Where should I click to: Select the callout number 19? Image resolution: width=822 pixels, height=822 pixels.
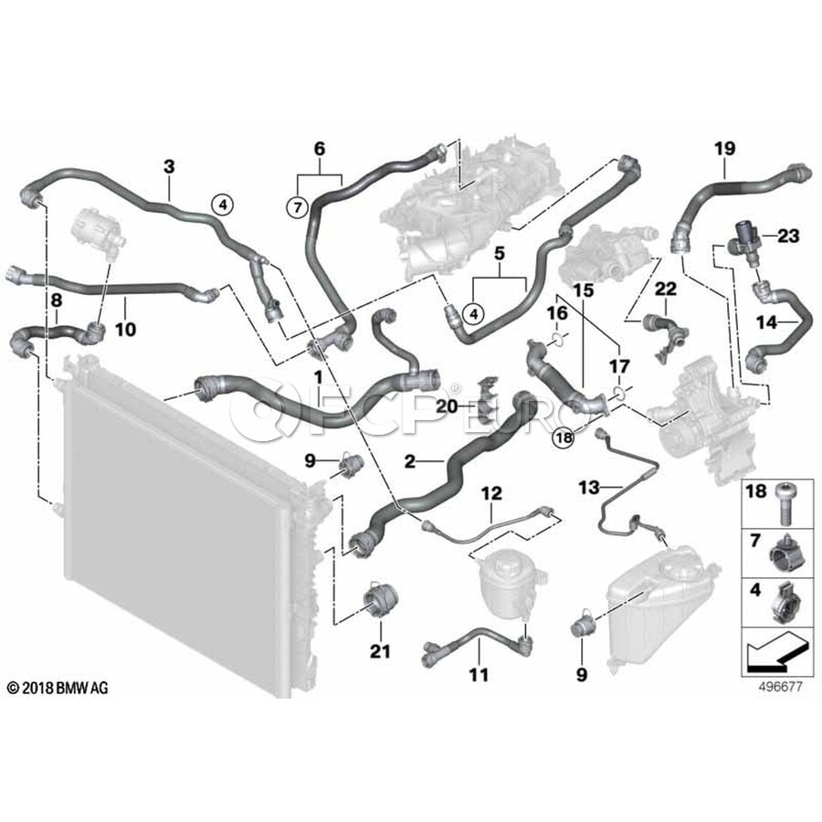coord(724,147)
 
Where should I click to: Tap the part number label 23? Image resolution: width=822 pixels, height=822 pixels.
coord(788,237)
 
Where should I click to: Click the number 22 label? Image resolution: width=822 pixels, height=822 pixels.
coord(666,289)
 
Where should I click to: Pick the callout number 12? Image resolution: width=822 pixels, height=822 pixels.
coord(491,493)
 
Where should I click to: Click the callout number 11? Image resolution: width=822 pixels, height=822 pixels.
coord(479,675)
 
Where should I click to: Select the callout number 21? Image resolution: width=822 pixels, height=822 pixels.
coord(380,651)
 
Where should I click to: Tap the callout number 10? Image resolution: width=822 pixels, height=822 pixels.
coord(125,329)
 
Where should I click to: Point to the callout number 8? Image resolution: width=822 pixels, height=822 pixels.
coord(56,298)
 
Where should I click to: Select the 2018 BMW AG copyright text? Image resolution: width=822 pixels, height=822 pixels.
coord(58,688)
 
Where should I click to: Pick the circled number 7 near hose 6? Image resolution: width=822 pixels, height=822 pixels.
coord(296,207)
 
